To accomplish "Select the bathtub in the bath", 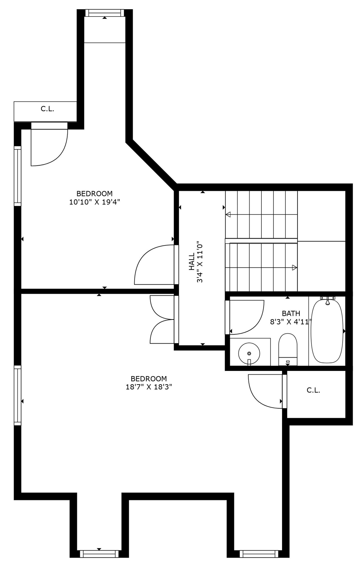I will click(327, 331).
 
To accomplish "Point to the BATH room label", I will click(291, 313).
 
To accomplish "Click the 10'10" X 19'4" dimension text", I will click(95, 202).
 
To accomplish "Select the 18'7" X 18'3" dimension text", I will click(149, 387).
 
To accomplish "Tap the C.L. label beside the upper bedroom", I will click(47, 109).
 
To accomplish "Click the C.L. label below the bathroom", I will click(313, 390).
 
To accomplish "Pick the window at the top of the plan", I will click(104, 13).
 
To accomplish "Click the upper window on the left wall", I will click(17, 176).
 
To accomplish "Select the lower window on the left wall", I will click(17, 395).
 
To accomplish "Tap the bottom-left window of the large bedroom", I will click(99, 554).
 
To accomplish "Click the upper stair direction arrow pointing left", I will click(228, 214).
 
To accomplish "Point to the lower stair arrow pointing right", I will click(294, 267).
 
